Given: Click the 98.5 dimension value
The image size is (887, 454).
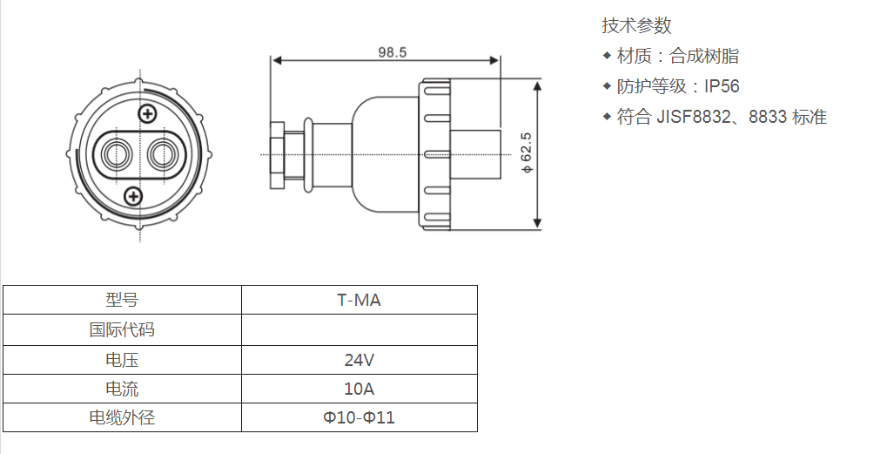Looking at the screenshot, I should click(392, 52).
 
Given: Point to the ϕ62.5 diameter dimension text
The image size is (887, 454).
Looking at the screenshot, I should click(526, 155).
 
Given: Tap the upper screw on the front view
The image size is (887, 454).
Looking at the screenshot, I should click(148, 113).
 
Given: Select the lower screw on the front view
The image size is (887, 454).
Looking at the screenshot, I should click(133, 196).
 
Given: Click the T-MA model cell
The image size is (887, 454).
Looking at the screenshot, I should click(359, 301).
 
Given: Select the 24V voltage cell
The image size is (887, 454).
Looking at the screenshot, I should click(359, 360).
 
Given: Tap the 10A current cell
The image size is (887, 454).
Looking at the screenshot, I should click(359, 389).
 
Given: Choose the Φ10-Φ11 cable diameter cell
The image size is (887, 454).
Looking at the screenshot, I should click(359, 417).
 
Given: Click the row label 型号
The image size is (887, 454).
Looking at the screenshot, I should click(122, 301).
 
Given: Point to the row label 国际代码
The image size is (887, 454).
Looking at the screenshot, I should click(122, 330).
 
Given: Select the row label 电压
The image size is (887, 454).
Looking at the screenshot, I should click(122, 360).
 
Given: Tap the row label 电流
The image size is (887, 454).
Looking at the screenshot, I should click(122, 389).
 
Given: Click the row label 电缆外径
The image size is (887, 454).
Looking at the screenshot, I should click(122, 417).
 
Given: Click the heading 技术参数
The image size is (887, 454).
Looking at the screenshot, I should click(636, 26).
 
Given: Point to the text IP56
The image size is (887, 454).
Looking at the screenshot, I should click(722, 86).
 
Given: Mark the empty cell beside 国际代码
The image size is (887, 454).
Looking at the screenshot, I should click(359, 330).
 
